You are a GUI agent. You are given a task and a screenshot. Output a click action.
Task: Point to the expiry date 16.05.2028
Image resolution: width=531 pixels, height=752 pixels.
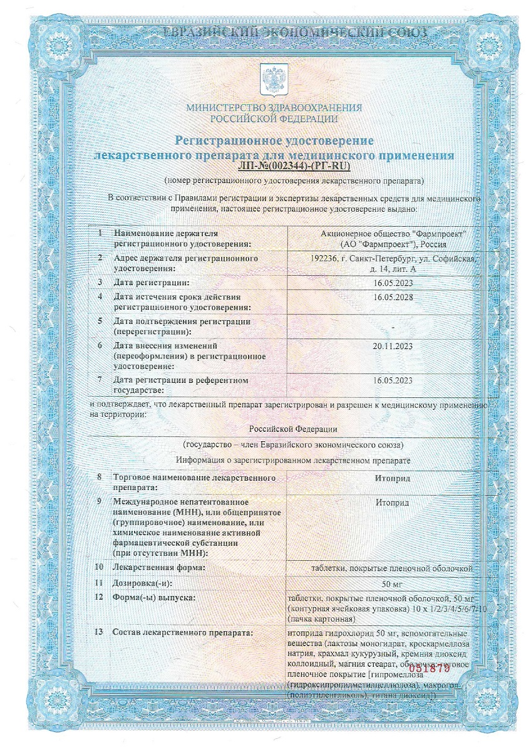point(393,296)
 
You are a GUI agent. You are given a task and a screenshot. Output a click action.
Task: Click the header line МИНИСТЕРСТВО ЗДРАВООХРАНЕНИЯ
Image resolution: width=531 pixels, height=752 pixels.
point(274,108)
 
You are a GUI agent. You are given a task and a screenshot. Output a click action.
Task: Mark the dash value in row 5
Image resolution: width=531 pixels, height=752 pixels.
point(393,326)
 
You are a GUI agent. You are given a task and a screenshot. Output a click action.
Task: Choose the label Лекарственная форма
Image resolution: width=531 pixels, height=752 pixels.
point(159,568)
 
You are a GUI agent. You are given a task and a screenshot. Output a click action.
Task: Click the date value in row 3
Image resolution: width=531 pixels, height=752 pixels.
point(393,283)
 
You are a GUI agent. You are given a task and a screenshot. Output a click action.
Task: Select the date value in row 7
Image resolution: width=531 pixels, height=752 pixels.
point(393,380)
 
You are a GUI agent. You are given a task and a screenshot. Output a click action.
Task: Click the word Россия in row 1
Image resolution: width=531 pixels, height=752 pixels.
point(433,244)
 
